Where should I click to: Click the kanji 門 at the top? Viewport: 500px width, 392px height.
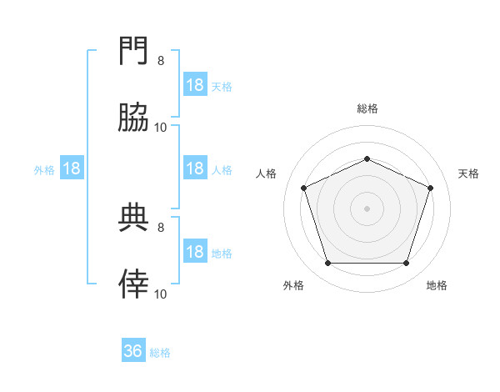coord(133,50)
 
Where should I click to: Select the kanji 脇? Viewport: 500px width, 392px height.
coord(133,117)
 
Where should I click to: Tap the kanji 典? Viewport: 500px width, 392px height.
coord(133,217)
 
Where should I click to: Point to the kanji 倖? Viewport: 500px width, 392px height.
coord(133,284)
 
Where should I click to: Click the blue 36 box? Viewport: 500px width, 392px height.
coord(133,349)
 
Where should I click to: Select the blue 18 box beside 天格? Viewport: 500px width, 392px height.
coord(195,84)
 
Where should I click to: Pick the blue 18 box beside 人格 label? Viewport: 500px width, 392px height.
coord(195,168)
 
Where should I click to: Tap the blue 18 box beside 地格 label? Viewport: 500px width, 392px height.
coord(195,250)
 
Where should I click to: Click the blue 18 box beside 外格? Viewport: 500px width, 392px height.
coord(72,168)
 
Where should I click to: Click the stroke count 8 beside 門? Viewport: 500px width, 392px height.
coord(161,60)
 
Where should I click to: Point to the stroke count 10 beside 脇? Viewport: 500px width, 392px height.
coord(160,128)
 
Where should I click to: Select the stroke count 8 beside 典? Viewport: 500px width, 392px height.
coord(161,227)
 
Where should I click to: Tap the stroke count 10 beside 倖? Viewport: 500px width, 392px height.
coord(160,294)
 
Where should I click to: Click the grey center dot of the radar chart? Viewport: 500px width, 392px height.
coord(367,209)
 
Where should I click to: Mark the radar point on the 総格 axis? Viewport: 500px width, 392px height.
coord(367,158)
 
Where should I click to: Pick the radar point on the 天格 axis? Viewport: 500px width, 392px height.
coord(430,188)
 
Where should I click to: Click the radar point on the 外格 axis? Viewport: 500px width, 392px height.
coord(328,263)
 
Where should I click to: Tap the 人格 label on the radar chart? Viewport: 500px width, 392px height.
coord(266,173)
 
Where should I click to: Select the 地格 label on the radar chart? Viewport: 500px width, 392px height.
coord(437,285)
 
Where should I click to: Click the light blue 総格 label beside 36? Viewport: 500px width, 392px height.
coord(160,353)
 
